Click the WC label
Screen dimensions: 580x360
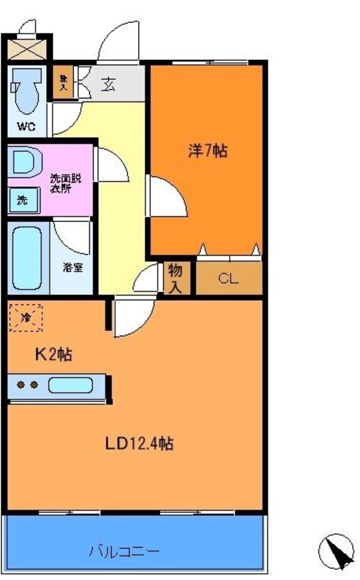click(x=25, y=127)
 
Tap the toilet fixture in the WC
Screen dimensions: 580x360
click(x=26, y=89)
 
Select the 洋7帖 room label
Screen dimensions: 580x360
click(x=208, y=151)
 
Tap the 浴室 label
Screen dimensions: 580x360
click(x=73, y=268)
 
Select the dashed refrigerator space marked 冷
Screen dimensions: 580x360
click(x=26, y=316)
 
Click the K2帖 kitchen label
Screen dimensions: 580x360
click(x=52, y=355)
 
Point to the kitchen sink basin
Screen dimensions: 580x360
click(x=70, y=385)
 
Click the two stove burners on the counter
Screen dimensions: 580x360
click(x=28, y=385)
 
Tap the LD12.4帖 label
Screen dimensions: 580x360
click(x=139, y=444)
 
